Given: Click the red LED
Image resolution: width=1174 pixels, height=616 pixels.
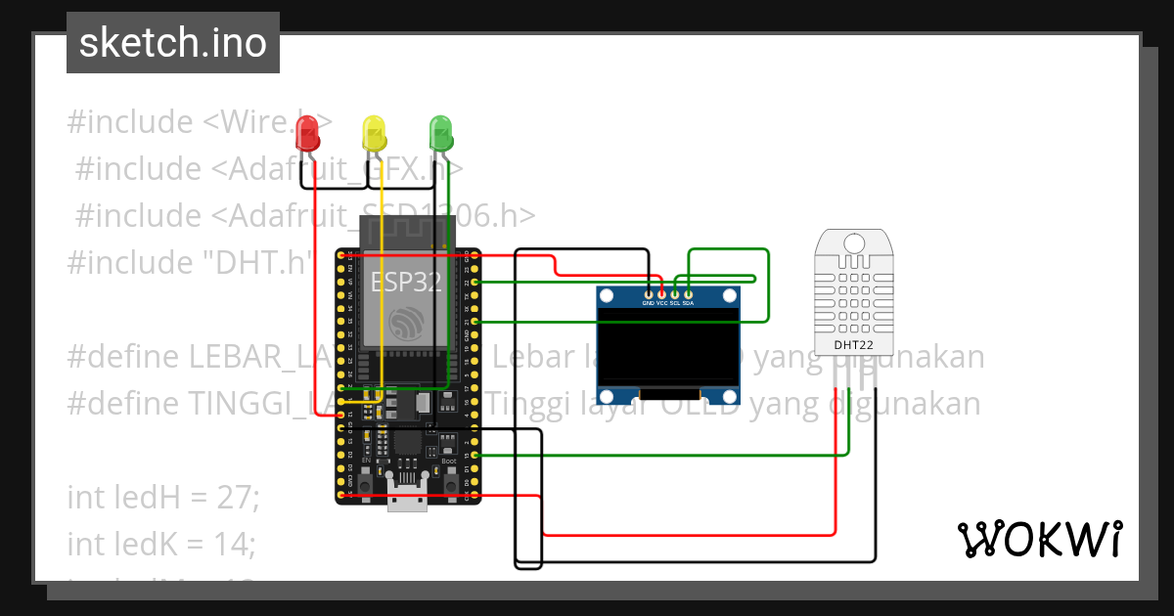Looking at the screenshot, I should point(308,132).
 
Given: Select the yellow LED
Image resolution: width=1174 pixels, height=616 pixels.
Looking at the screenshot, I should point(374,132).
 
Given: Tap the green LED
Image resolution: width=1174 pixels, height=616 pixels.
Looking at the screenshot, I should point(440,132).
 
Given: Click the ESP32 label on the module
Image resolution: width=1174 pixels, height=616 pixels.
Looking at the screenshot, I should point(406,283).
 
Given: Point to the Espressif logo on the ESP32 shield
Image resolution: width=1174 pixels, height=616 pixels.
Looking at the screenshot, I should point(406,324).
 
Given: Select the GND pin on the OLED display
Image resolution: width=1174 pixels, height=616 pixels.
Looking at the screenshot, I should point(648,293).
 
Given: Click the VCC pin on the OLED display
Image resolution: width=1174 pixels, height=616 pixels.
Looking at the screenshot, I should point(661,293).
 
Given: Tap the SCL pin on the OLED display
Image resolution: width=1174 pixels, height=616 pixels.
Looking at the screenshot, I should point(675,293).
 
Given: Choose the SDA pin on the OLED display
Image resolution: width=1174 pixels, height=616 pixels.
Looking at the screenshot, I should point(688,293).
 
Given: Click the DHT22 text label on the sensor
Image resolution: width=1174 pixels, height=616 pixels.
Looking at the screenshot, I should point(854,345).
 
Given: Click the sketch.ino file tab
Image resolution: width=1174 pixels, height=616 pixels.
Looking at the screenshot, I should point(173,43).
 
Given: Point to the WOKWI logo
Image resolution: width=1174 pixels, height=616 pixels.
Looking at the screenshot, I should point(1039,539).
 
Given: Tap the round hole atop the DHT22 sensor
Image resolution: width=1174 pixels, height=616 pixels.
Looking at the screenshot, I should point(855,242).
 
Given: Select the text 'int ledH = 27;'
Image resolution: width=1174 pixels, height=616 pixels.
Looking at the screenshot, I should point(163,498).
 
